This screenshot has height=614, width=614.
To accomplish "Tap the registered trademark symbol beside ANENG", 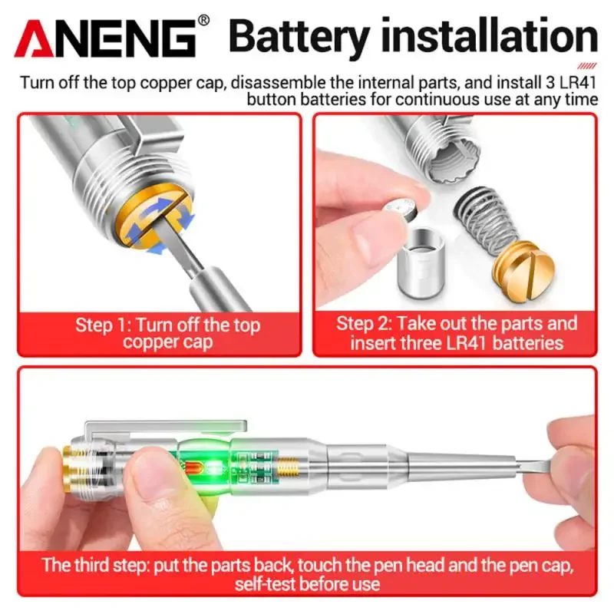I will click(203, 21).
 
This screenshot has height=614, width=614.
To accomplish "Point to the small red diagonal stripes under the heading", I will click(586, 67).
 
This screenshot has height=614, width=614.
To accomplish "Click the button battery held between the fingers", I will click(401, 208).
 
